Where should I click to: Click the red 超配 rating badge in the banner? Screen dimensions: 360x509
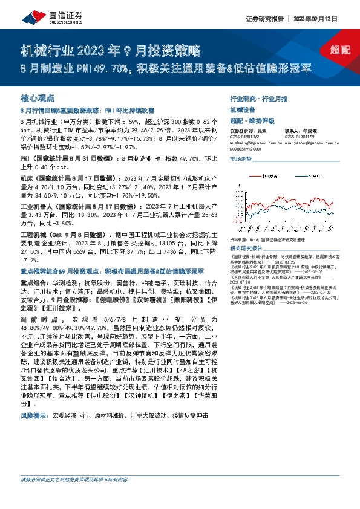[x=340, y=50]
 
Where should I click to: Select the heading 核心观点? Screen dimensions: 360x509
[x=38, y=97]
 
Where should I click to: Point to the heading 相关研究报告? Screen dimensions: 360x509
[x=246, y=248]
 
